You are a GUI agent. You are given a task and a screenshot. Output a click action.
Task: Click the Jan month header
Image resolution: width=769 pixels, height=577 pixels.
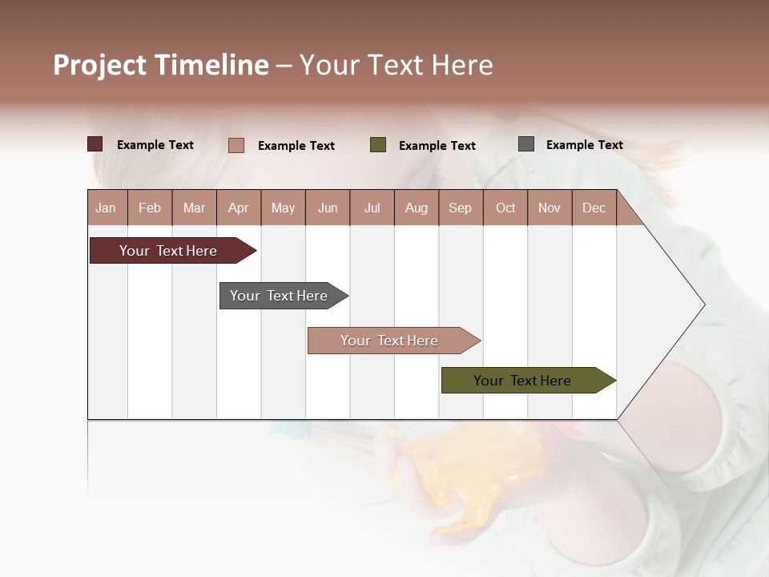click(x=106, y=208)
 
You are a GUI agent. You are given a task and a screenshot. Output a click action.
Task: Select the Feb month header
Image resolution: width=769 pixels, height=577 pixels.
click(x=150, y=208)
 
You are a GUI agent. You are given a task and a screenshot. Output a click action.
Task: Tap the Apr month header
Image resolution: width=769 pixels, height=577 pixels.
click(x=238, y=208)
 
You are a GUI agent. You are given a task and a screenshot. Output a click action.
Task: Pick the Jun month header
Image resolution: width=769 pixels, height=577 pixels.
click(x=328, y=208)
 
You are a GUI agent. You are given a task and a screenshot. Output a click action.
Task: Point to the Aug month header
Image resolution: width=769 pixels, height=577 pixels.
click(x=416, y=208)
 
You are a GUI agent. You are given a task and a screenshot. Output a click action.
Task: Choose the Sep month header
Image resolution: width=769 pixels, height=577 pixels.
click(x=460, y=208)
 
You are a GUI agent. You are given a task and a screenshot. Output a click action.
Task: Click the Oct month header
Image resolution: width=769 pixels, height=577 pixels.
click(x=505, y=208)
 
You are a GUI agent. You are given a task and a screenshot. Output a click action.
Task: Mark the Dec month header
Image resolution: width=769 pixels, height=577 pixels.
click(x=594, y=208)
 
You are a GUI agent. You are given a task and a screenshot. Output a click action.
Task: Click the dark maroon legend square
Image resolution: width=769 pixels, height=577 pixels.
click(x=95, y=144)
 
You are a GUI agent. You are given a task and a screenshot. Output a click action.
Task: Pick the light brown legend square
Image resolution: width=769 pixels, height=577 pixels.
click(x=236, y=145)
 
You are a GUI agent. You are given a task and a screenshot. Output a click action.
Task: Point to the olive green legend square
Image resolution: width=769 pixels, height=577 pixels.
click(x=378, y=145)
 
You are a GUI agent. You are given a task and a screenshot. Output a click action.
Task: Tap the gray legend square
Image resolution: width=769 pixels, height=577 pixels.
click(x=526, y=144)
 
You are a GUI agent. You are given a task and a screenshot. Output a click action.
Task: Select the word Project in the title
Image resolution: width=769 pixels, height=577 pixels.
click(x=100, y=65)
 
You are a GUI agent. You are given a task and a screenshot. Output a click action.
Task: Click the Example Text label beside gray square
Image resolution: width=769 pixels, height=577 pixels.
click(x=584, y=145)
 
